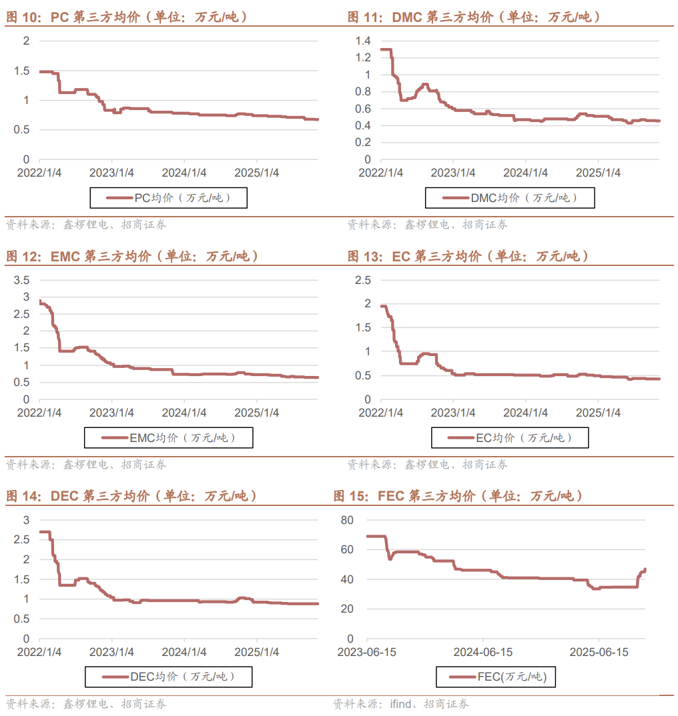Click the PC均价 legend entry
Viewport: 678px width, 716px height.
coord(168,198)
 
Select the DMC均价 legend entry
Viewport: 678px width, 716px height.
coord(509,198)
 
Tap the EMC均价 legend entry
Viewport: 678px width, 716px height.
coord(168,438)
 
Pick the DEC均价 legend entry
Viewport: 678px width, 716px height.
coord(168,677)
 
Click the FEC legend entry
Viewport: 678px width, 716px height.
coord(497,677)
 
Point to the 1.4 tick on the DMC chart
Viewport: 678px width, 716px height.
coord(362,41)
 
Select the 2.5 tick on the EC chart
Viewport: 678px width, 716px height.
coord(362,280)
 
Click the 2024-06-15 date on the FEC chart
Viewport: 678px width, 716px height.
coord(484,652)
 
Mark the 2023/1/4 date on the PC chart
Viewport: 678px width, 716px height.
coord(111,173)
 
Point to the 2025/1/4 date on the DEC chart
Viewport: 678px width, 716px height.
coord(257,652)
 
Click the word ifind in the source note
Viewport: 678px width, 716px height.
coord(402,704)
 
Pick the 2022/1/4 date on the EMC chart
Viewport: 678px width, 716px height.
coord(40,413)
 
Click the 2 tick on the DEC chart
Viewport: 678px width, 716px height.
coord(27,559)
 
